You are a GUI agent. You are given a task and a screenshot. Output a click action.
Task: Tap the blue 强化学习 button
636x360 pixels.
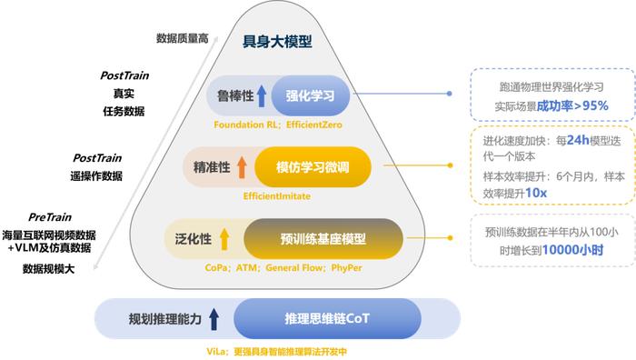click(x=310, y=95)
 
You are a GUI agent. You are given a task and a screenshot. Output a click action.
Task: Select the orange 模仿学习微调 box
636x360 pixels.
click(x=313, y=165)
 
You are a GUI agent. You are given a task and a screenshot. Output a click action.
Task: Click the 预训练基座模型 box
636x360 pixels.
click(x=323, y=239)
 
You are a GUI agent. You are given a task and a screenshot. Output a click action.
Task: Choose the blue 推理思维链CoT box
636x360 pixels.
click(x=316, y=319)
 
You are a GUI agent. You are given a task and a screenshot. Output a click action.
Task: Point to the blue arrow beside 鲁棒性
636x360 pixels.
click(x=262, y=95)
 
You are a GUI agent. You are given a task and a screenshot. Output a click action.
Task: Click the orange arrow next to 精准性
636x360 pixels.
click(x=242, y=165)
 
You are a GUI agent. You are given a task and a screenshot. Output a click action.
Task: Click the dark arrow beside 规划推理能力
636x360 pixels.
click(x=214, y=319)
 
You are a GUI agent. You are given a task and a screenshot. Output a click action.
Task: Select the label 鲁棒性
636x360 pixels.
click(x=233, y=95)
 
